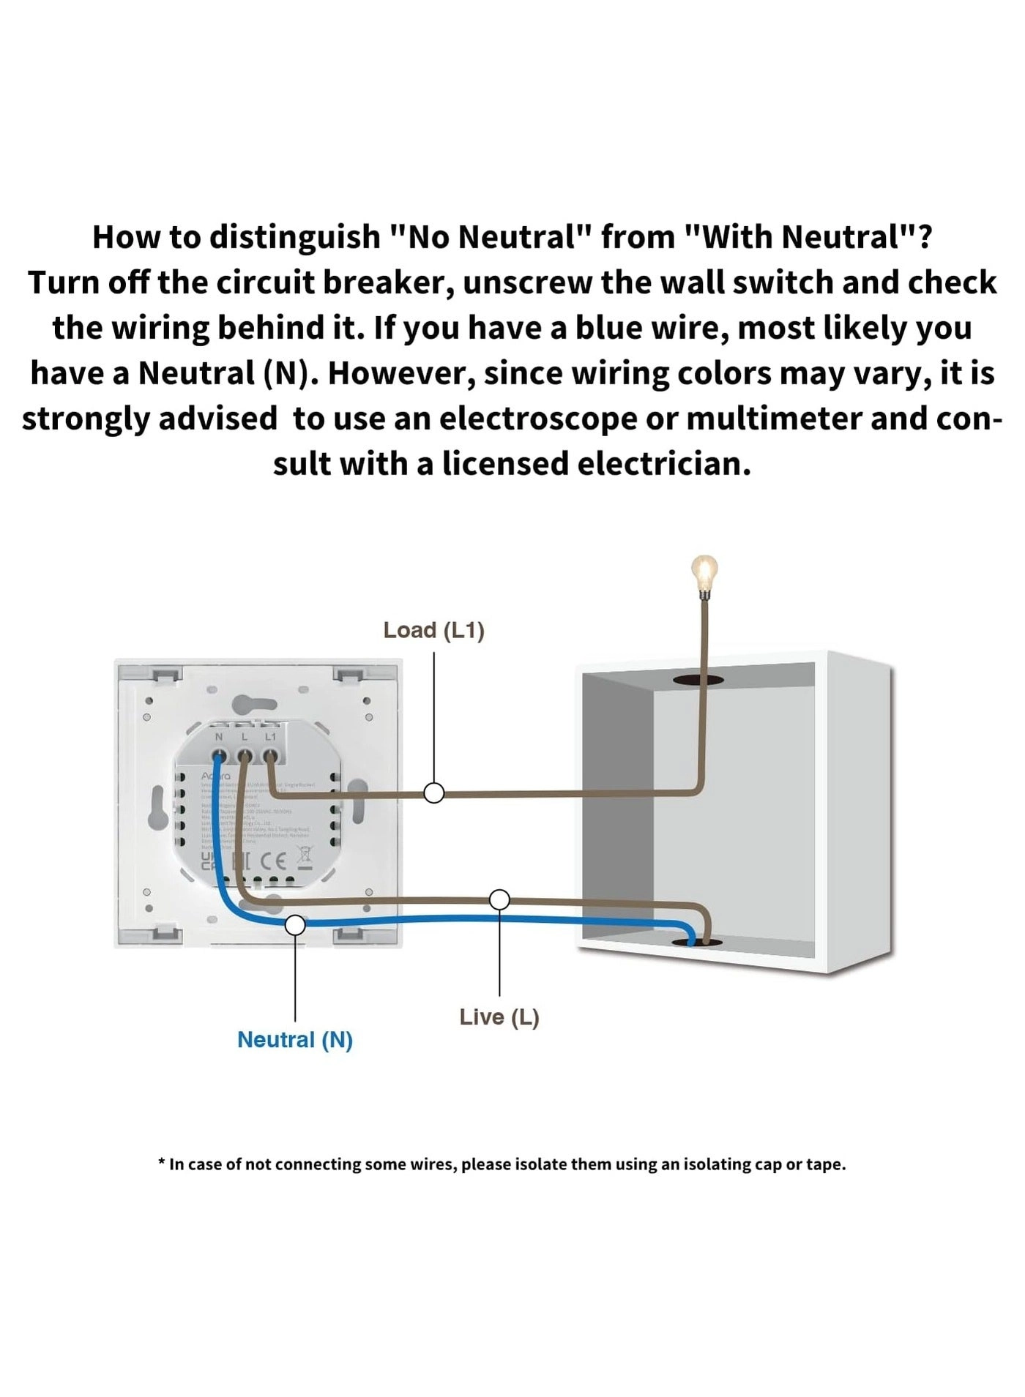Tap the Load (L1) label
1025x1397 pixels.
point(433,630)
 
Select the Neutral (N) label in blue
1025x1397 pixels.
point(295,1040)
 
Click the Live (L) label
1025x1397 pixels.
point(499,1017)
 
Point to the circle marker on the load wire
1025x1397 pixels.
point(434,793)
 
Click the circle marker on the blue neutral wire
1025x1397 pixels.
point(295,925)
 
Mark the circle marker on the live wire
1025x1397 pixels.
point(499,899)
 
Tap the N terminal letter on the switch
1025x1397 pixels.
point(218,736)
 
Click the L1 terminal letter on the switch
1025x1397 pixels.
point(270,736)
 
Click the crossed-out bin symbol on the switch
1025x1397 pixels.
point(304,856)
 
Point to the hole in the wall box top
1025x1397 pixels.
point(698,680)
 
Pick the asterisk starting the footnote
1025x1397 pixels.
point(162,1162)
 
